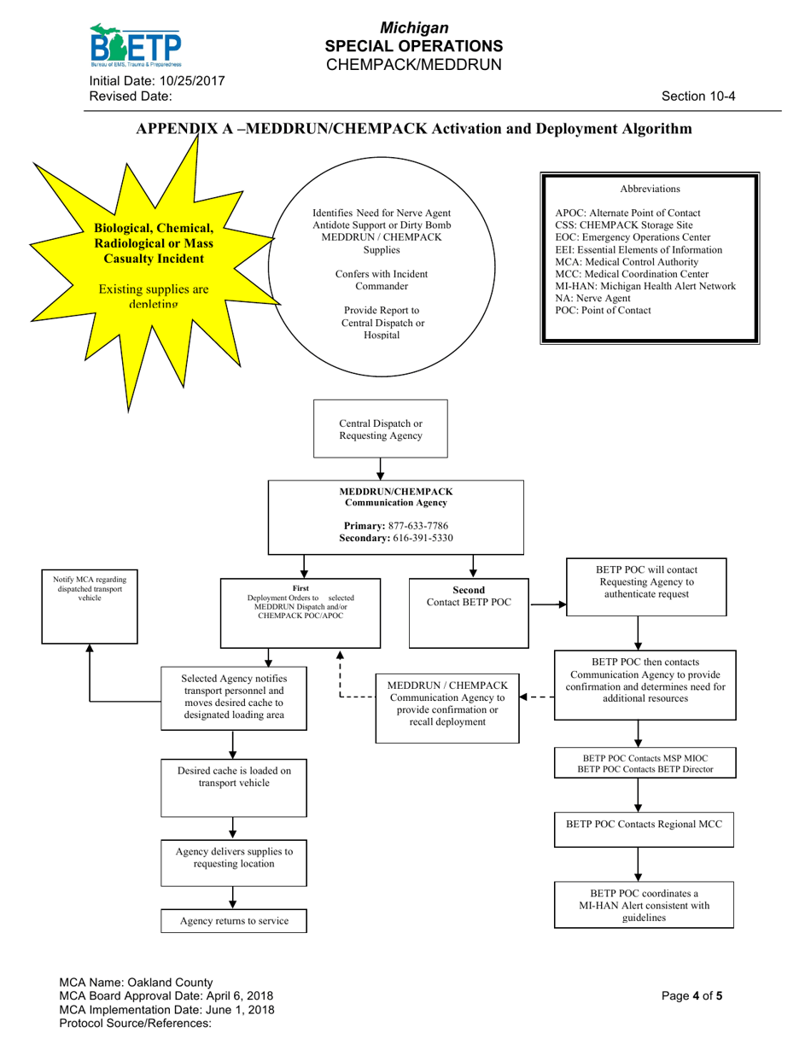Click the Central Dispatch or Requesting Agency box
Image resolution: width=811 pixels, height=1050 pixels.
click(x=380, y=429)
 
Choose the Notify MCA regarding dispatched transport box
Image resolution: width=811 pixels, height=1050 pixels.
click(x=90, y=604)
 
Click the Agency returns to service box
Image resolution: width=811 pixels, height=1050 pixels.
click(x=233, y=921)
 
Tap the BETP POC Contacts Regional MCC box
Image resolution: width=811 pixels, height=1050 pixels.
click(x=644, y=825)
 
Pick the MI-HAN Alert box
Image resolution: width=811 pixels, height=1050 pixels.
click(x=644, y=905)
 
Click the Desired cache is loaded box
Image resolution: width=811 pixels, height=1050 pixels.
click(x=233, y=790)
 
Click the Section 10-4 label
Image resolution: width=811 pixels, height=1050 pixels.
click(x=698, y=96)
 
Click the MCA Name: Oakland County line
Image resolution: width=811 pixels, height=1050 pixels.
click(x=136, y=983)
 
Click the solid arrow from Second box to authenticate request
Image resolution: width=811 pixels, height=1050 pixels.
click(x=546, y=604)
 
